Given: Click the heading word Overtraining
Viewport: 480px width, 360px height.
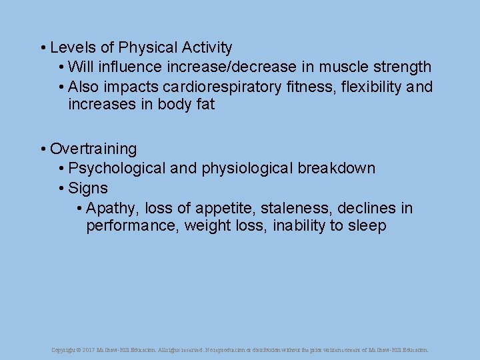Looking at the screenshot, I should click(93, 149).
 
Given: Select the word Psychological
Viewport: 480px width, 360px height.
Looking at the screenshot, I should click(117, 168).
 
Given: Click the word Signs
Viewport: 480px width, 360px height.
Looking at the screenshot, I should click(88, 188).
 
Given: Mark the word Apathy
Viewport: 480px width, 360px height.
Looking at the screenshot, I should click(111, 209).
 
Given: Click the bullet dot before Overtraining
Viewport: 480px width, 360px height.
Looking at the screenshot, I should click(42, 149).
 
